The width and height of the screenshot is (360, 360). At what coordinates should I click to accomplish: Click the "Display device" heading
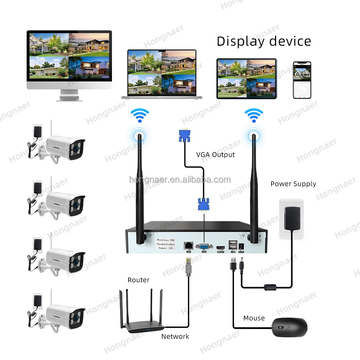click(264, 41)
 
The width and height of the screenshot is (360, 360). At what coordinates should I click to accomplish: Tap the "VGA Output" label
click(215, 155)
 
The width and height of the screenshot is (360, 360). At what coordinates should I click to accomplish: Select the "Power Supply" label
click(293, 184)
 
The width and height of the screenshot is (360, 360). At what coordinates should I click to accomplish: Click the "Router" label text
click(138, 280)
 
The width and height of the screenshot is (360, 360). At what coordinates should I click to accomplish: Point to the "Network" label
click(175, 337)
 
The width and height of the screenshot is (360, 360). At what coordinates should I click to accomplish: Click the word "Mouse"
click(254, 318)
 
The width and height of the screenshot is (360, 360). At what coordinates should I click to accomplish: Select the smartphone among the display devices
click(302, 80)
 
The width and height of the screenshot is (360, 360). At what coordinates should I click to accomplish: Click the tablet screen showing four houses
click(246, 78)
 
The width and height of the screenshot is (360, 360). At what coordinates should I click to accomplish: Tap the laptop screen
click(162, 73)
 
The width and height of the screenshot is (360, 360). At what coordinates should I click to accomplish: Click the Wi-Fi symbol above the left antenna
click(139, 115)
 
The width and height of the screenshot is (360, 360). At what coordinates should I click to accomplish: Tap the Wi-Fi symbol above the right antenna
click(253, 116)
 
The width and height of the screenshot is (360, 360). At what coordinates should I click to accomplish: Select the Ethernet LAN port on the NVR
click(188, 245)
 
